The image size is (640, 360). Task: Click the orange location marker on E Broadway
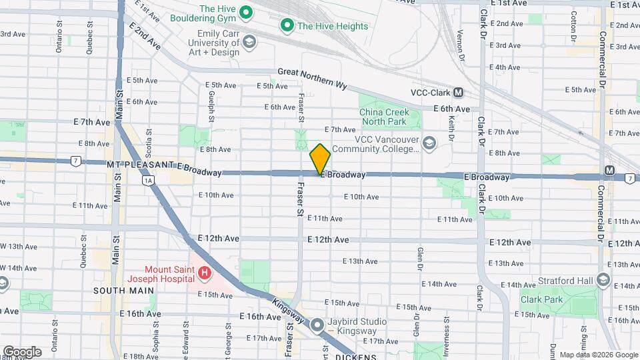(320, 159)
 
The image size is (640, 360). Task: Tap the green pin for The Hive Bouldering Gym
(245, 12)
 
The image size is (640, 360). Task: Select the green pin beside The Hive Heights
(287, 26)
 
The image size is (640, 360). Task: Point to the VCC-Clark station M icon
(459, 93)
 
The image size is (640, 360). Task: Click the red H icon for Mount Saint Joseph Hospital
(205, 273)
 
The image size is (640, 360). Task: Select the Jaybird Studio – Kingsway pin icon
(317, 326)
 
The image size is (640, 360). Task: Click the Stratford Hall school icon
(604, 279)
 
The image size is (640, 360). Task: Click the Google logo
(22, 351)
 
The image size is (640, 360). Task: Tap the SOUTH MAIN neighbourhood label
(123, 291)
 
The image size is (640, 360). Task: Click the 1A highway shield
(149, 180)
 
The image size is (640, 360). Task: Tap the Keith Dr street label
(451, 127)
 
